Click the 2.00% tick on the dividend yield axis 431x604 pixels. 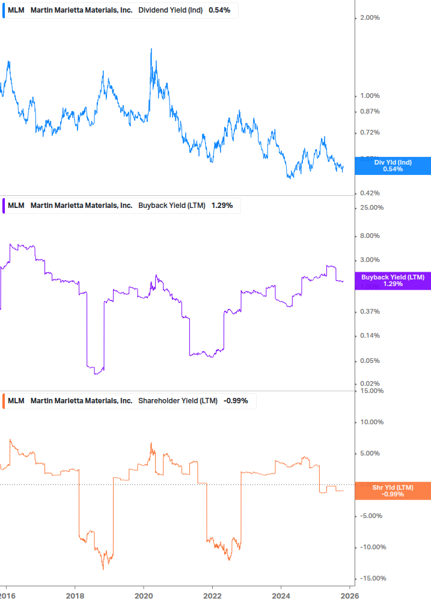coord(370,18)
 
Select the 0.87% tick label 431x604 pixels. coord(370,112)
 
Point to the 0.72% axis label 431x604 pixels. coord(370,133)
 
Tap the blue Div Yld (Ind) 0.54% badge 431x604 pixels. coord(393,165)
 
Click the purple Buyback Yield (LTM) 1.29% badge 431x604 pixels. coord(393,280)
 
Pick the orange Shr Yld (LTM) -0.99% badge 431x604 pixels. coord(393,490)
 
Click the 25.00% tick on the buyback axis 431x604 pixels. coord(371,208)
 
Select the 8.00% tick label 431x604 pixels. coord(370,236)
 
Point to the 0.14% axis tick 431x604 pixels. coord(370,336)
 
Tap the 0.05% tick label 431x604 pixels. coord(370,361)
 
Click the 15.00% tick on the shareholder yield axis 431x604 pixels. coord(371,391)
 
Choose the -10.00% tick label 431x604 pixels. coord(371,548)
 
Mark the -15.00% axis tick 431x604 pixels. coord(371,579)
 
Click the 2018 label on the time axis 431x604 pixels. coord(75,596)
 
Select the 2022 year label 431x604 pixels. coord(212,596)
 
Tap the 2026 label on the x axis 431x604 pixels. coord(350,596)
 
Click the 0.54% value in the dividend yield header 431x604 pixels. coord(219,11)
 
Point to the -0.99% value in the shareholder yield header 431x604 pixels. coord(236,401)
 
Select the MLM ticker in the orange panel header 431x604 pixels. coord(16,401)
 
